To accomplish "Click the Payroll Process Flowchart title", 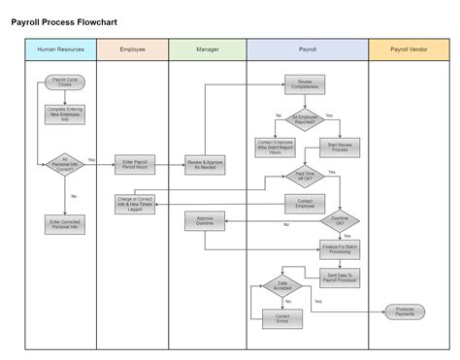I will pyautogui.click(x=79, y=20).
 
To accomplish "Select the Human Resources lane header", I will pyautogui.click(x=60, y=49).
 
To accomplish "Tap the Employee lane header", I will pyautogui.click(x=133, y=49).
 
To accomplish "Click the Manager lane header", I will pyautogui.click(x=207, y=49).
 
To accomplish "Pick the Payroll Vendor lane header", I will pyautogui.click(x=410, y=49).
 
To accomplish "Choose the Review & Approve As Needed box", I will pyautogui.click(x=205, y=164).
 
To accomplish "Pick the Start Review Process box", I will pyautogui.click(x=340, y=148).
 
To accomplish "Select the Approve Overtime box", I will pyautogui.click(x=205, y=220).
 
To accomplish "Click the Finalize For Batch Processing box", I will pyautogui.click(x=340, y=247).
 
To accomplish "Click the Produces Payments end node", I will pyautogui.click(x=406, y=311).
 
